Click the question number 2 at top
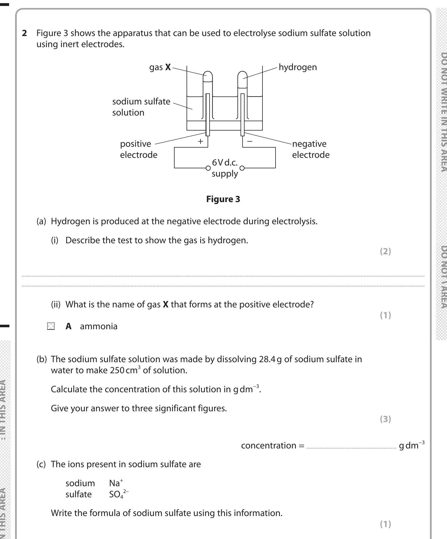click(24, 33)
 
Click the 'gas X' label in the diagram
click(160, 67)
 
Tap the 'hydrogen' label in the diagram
click(297, 67)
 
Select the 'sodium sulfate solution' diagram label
click(141, 107)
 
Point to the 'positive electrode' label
click(138, 149)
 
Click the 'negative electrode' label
click(311, 149)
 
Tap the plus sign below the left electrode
click(200, 141)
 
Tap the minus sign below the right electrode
click(250, 140)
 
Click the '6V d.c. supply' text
click(225, 168)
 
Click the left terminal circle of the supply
click(208, 168)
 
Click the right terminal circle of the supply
click(242, 168)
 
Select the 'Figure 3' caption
click(223, 199)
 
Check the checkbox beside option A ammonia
click(51, 326)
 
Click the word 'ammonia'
click(98, 326)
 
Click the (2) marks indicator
click(385, 251)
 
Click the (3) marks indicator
click(385, 419)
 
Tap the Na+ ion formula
click(116, 483)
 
